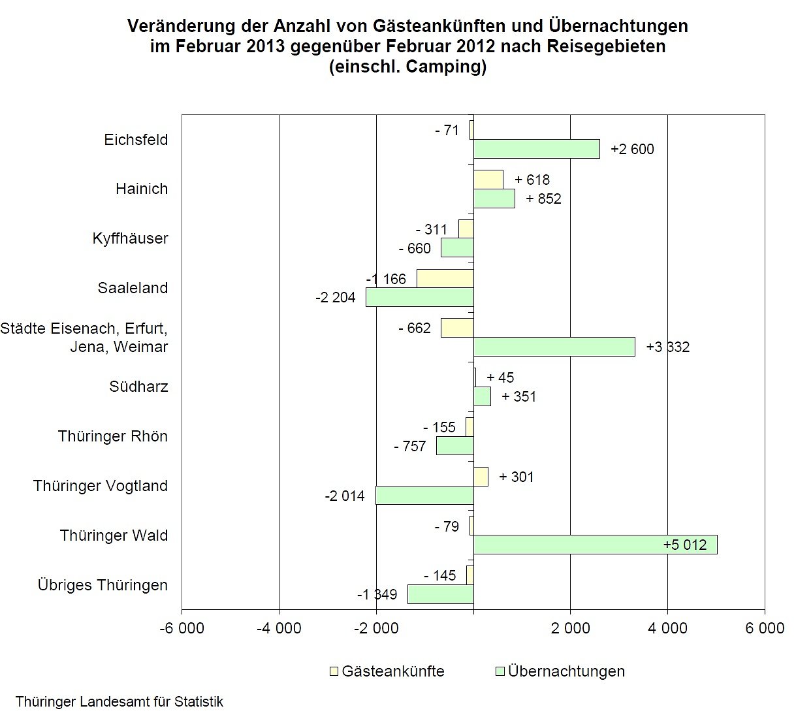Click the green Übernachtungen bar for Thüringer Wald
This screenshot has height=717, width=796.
coord(595,545)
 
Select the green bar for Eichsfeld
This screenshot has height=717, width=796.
coord(536,149)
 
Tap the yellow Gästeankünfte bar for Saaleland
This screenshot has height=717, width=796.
coord(445,278)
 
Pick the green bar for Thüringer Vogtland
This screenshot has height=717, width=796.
coord(424,495)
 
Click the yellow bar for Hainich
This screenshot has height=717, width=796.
coord(488,180)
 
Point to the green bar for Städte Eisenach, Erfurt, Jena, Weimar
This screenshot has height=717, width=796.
coord(554,347)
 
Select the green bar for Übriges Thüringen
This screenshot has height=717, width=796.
coord(440,594)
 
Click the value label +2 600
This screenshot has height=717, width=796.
coord(632,150)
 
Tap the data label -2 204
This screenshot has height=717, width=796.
coord(335,298)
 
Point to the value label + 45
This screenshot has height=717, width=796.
coord(500,377)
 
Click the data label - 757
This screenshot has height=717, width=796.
coord(409,447)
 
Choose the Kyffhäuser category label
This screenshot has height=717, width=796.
coord(130,238)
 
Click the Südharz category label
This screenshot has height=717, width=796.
coord(138,387)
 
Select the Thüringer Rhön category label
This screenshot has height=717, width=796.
coord(112,436)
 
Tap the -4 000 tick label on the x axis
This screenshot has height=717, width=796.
coord(279,628)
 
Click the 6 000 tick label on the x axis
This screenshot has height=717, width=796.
coord(765,628)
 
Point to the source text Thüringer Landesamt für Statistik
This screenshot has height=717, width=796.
coord(119,702)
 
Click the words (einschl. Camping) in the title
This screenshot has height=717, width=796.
coord(407,67)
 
